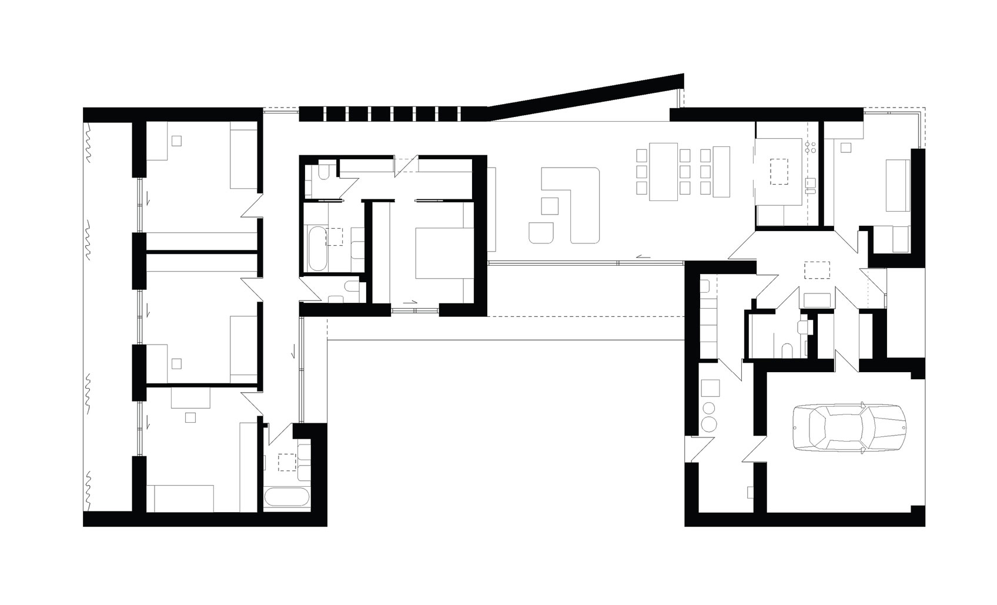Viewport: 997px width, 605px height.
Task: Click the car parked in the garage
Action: (x=850, y=429)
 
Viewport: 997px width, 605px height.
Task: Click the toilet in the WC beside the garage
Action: (x=788, y=351)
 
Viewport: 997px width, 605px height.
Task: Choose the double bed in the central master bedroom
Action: (x=441, y=254)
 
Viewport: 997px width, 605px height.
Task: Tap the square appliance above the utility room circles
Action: (x=711, y=389)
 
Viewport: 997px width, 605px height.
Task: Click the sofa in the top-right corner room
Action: (x=898, y=185)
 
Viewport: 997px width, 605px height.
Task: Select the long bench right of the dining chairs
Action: (x=721, y=171)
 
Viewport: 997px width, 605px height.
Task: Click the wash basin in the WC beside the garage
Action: (x=802, y=327)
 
